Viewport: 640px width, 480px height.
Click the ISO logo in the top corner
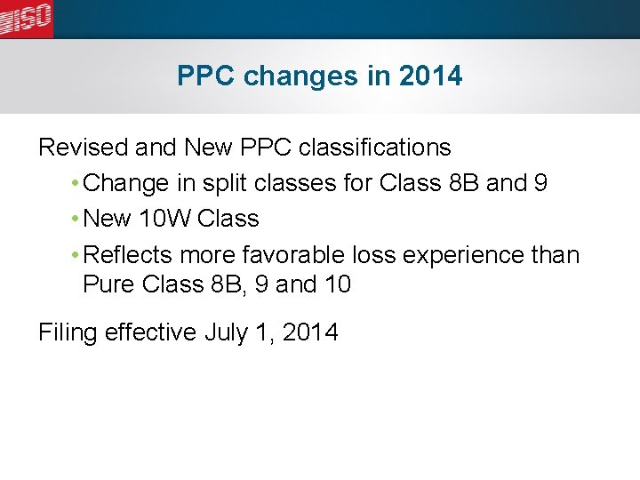point(26,19)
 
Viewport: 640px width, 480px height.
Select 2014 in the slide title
point(431,76)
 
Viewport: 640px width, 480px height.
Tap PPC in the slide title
point(206,76)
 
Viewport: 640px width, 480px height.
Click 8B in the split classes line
point(460,183)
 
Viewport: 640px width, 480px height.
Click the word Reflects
point(127,255)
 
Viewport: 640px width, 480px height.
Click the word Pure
point(106,285)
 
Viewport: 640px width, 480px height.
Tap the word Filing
point(68,333)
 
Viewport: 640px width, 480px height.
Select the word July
point(228,333)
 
